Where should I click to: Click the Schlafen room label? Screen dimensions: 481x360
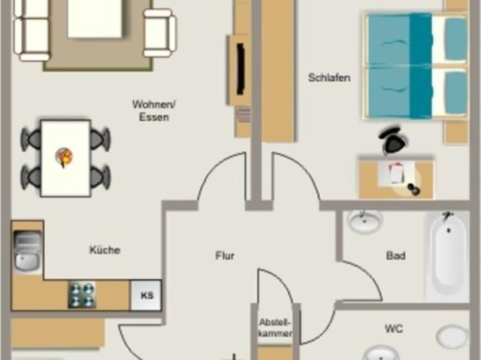pyautogui.click(x=329, y=77)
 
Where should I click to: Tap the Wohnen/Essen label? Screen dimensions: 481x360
pyautogui.click(x=153, y=110)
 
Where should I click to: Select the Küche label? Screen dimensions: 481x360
pyautogui.click(x=105, y=250)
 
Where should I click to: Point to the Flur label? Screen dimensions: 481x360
pyautogui.click(x=225, y=256)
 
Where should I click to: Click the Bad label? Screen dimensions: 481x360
pyautogui.click(x=396, y=256)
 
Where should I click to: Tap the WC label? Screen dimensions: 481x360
pyautogui.click(x=394, y=328)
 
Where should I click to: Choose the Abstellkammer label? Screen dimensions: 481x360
pyautogui.click(x=275, y=328)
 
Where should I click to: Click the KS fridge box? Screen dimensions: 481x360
pyautogui.click(x=146, y=295)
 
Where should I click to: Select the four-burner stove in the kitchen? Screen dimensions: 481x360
pyautogui.click(x=82, y=295)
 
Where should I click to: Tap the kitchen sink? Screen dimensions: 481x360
pyautogui.click(x=27, y=250)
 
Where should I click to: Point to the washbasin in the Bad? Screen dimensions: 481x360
pyautogui.click(x=365, y=222)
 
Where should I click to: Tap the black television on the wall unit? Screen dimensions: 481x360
pyautogui.click(x=240, y=69)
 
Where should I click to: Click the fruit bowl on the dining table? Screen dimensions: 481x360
pyautogui.click(x=64, y=156)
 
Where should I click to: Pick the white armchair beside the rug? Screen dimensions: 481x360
pyautogui.click(x=160, y=33)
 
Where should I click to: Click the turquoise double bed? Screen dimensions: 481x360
pyautogui.click(x=416, y=66)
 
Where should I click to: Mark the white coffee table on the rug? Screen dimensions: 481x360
pyautogui.click(x=95, y=18)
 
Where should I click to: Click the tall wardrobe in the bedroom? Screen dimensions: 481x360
pyautogui.click(x=278, y=71)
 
